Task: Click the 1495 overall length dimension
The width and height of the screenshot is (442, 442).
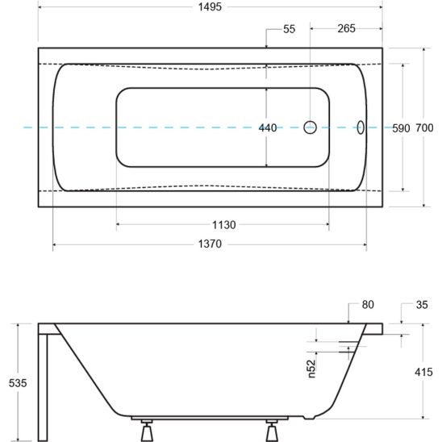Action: tap(211, 6)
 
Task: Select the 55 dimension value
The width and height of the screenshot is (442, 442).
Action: tap(290, 29)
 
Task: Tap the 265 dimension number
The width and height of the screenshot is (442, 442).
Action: tap(346, 29)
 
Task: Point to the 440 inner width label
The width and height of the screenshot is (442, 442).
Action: tap(268, 127)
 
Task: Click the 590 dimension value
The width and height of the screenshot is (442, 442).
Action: tap(401, 127)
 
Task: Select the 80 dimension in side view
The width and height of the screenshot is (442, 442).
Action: tap(369, 305)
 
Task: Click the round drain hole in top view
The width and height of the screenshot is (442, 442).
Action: tap(311, 127)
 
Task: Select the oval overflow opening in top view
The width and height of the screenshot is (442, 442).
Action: tap(361, 127)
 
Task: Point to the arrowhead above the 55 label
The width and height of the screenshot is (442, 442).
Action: tap(269, 43)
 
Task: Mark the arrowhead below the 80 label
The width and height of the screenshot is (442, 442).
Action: tap(348, 319)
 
